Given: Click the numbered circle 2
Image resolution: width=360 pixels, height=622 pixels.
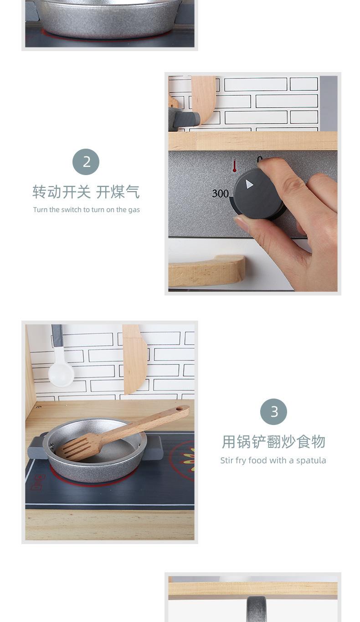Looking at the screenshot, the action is (86, 162).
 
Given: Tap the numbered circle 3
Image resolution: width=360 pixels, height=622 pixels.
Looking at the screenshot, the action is (273, 412).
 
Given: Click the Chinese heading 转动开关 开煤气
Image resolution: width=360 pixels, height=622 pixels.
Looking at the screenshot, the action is (86, 192).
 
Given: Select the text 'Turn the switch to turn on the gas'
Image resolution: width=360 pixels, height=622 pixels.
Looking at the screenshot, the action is (86, 210).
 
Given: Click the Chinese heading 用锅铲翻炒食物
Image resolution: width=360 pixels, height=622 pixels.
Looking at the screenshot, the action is (273, 442).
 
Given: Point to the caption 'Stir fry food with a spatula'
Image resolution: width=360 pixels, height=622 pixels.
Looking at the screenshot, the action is (273, 461).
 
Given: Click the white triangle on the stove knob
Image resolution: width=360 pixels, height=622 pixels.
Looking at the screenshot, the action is (249, 184).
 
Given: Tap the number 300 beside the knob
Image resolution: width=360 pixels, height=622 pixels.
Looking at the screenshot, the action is (221, 193).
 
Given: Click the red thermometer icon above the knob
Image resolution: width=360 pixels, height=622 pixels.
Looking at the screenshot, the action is (235, 166).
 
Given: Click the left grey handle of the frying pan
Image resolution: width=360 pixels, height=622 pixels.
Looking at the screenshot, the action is (36, 447).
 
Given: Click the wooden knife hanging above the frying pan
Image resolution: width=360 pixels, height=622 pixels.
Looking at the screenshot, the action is (134, 359).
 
